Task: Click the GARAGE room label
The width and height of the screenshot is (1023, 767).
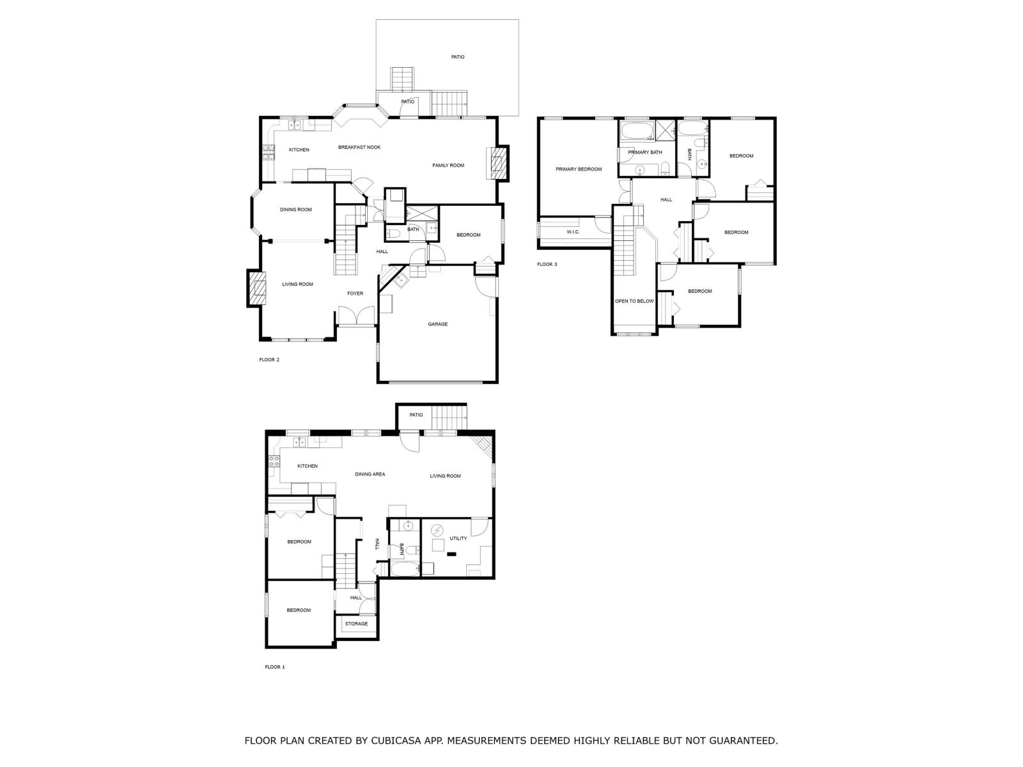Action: pos(437,324)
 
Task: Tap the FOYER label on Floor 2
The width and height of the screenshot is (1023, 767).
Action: pos(355,293)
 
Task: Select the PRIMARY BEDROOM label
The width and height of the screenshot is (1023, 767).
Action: pos(578,169)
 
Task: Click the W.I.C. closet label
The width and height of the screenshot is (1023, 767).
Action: pos(572,231)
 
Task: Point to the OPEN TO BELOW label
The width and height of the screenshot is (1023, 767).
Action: pos(634,301)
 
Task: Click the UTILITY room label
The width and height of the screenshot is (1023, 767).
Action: pos(458,538)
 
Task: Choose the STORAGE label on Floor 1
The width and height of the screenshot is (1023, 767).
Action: pos(356,624)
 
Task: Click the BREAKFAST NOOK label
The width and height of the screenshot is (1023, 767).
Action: pos(359,147)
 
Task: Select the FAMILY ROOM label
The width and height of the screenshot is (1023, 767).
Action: pos(448,166)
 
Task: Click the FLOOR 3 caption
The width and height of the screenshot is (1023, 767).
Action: pos(547,264)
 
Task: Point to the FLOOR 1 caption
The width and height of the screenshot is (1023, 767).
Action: pos(274,667)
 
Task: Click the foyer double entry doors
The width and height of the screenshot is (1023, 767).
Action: pos(355,316)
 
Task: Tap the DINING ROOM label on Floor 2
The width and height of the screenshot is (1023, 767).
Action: pos(295,210)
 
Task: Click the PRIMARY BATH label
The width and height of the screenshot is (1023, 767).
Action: pos(645,152)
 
